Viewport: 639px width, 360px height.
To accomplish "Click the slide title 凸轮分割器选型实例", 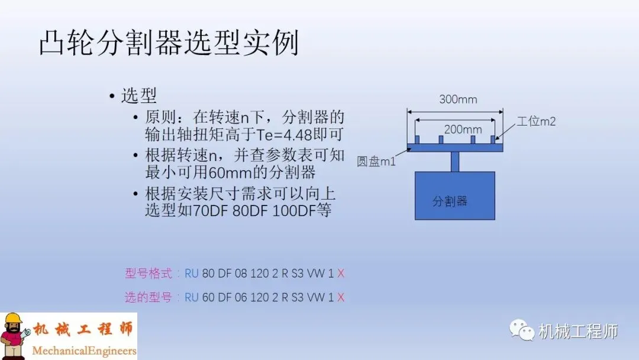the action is [x=169, y=43].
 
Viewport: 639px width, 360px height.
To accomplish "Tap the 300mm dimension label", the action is [x=457, y=99].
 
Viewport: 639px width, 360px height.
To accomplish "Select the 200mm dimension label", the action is [x=463, y=129].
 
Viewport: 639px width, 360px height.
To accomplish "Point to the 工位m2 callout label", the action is [x=536, y=121].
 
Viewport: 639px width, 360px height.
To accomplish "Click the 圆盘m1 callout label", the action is [x=376, y=161].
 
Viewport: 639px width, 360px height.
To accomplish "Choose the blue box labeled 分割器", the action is [x=454, y=195].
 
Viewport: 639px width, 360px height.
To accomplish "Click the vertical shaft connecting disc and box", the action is [x=454, y=162].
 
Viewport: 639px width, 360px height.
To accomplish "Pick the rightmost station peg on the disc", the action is [x=493, y=139].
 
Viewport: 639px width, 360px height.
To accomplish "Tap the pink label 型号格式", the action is [x=148, y=274].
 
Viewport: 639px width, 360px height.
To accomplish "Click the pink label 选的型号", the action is [x=148, y=297].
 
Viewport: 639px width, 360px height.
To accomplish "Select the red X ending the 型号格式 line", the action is [x=341, y=274].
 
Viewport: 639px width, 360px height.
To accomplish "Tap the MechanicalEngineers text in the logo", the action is [x=84, y=351].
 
